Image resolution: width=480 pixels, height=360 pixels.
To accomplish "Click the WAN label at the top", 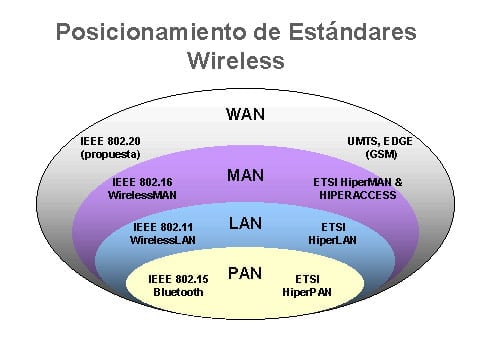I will tap(245, 113).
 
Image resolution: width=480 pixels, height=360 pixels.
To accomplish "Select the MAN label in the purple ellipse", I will tap(245, 175).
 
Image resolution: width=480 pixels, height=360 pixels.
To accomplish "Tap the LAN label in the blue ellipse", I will tap(245, 223).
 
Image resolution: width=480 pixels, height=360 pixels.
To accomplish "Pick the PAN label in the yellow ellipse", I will tap(245, 271).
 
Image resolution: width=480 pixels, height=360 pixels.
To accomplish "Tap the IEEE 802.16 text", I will tap(142, 183).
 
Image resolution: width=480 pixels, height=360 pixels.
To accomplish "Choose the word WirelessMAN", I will tap(142, 196).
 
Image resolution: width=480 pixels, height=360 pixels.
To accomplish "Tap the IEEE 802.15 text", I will tap(179, 279).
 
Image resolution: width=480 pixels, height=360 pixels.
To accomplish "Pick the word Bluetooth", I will tap(179, 292).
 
